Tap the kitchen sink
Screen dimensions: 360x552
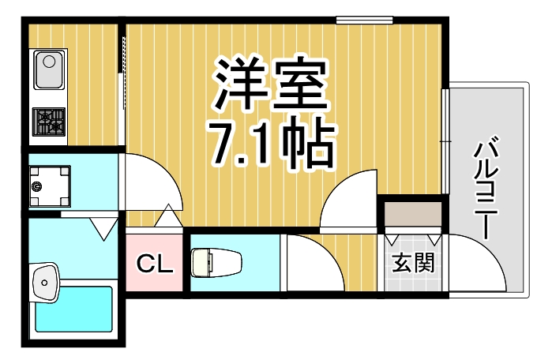(48, 70)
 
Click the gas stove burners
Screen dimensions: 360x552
(49, 122)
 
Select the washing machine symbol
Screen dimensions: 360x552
(49, 186)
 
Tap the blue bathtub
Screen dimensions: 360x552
(74, 311)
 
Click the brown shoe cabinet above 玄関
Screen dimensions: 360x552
(414, 213)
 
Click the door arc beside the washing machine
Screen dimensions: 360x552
(154, 182)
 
